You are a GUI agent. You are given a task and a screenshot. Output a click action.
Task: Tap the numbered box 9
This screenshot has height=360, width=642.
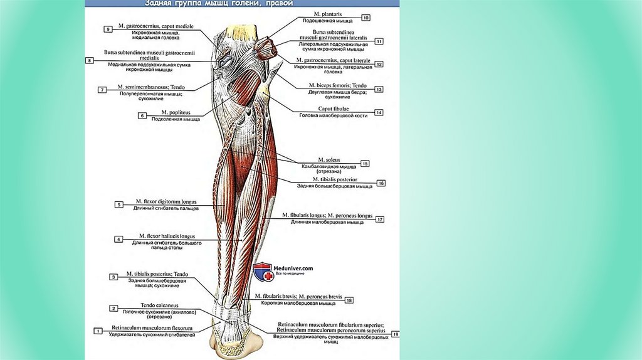pyautogui.click(x=108, y=29)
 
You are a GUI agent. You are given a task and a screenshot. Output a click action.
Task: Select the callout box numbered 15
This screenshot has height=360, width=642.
pyautogui.click(x=365, y=163)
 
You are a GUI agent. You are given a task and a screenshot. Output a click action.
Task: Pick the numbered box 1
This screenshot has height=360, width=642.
pyautogui.click(x=98, y=331)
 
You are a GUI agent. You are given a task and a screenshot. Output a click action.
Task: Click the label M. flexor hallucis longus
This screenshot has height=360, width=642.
pyautogui.click(x=166, y=236)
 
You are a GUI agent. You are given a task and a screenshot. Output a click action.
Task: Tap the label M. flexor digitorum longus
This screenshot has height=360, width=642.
pyautogui.click(x=166, y=202)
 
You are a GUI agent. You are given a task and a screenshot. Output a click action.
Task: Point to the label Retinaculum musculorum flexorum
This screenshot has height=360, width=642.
pyautogui.click(x=152, y=328)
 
